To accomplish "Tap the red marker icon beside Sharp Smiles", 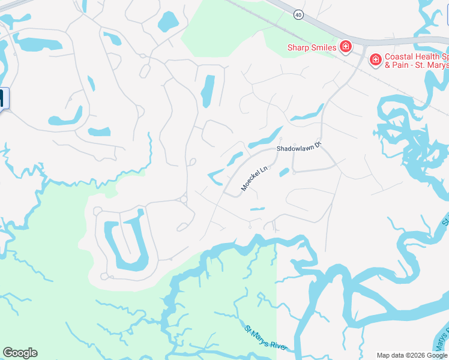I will (346, 47).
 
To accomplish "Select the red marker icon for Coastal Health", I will (376, 59).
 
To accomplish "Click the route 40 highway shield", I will (298, 14).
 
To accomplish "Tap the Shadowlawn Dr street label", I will (300, 148).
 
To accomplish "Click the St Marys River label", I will (266, 338).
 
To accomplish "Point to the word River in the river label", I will (277, 345).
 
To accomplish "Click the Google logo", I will (20, 353).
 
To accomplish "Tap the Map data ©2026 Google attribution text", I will (412, 355).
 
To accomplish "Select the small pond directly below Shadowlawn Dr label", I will (284, 173).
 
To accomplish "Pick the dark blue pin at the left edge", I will (2, 98).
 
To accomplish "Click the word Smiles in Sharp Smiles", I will (323, 47).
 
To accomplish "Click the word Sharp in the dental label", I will (298, 47).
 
